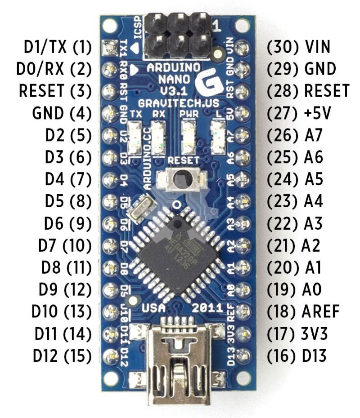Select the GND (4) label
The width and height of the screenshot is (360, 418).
[x=62, y=112]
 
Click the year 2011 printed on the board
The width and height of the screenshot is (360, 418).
[x=207, y=308]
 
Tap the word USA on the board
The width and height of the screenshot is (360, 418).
[x=153, y=308]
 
